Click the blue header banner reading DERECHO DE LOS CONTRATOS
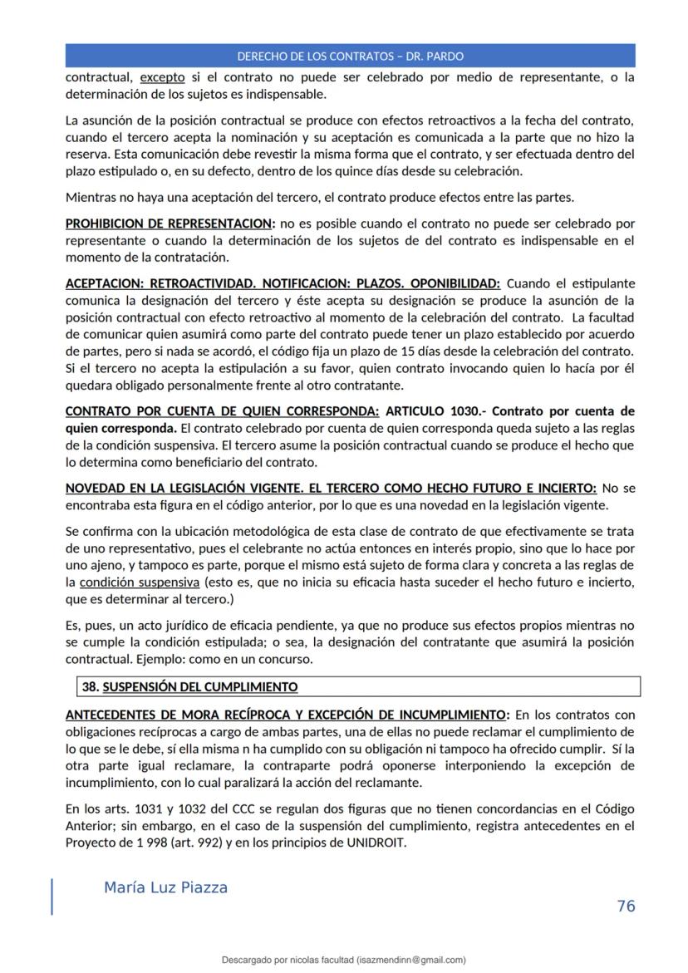coord(350,57)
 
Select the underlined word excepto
coord(162,77)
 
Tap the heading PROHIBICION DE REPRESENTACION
coord(169,224)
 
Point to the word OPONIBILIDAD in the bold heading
coord(455,283)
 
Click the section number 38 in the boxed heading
coord(90,687)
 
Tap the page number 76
coord(627,907)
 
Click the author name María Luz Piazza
coord(165,888)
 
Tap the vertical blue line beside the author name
coord(52,897)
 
